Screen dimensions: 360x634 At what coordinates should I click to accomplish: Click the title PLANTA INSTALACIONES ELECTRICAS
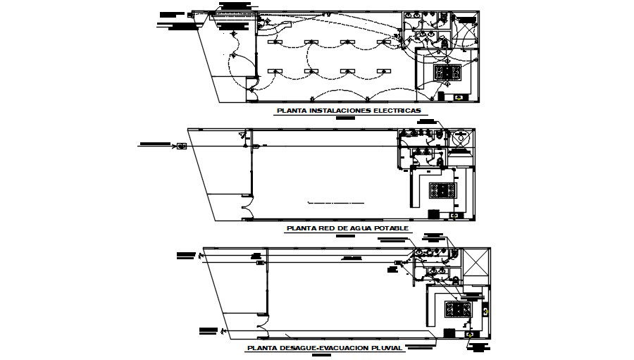pos(348,111)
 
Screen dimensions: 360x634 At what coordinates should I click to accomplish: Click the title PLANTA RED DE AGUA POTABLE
pos(348,228)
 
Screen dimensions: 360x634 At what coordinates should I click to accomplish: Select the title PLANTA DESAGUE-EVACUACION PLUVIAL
pos(324,348)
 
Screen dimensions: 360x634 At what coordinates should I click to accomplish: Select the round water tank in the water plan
pos(460,140)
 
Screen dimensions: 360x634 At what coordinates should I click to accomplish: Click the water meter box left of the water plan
pos(181,146)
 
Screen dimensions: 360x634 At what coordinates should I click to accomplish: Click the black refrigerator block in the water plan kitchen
pos(434,213)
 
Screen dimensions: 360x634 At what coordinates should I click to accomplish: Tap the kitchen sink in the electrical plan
pos(459,97)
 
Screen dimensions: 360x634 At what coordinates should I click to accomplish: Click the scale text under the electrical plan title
pos(347,118)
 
